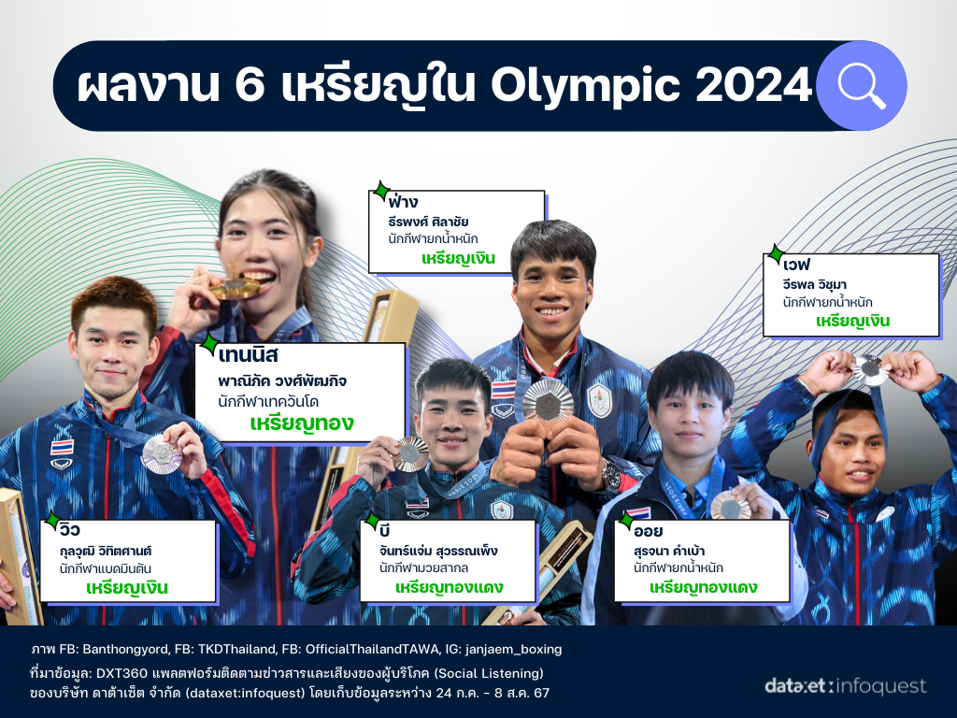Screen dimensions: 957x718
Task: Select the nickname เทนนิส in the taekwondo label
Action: (248, 355)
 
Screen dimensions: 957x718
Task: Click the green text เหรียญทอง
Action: (302, 424)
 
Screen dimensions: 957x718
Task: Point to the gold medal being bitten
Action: (235, 288)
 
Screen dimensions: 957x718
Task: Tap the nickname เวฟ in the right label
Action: (796, 265)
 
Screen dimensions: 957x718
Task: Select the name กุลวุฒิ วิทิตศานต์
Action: (105, 552)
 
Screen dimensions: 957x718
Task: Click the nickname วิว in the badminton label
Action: (69, 529)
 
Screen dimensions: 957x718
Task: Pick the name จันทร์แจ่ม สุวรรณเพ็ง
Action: (438, 552)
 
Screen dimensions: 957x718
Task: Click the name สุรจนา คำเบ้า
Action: (669, 552)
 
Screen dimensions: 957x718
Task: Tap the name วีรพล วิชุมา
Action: (814, 285)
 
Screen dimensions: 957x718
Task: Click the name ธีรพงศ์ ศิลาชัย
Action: (428, 222)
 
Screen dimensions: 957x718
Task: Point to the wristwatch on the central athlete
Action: (610, 474)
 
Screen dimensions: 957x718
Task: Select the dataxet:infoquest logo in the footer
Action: (845, 686)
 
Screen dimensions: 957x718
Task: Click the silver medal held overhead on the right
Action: (870, 369)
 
